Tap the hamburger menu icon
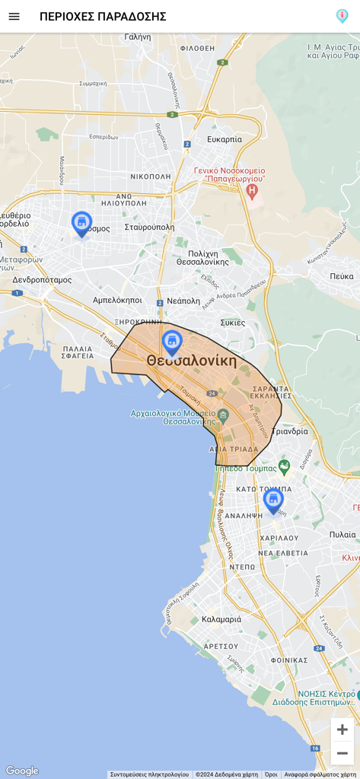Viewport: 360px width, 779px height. point(14,16)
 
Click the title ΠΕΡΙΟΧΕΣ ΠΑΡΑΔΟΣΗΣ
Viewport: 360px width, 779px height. point(103,17)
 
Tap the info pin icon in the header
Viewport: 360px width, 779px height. point(342,16)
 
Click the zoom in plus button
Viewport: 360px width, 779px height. point(342,730)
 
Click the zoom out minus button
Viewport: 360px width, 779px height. point(342,753)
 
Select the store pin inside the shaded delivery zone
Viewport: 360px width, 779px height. point(172,342)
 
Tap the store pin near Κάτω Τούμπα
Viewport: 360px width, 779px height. point(273,500)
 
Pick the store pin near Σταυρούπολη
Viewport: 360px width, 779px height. point(81,223)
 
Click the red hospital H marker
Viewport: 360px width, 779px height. point(252,190)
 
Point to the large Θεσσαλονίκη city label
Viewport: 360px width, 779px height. point(192,361)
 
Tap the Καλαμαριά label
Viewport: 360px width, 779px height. point(221,619)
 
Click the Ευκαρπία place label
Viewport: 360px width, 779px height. point(225,139)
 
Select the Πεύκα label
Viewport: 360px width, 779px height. point(342,276)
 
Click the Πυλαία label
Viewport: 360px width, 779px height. point(342,535)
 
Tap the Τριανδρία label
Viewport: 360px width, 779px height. point(290,431)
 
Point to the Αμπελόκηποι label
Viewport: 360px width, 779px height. point(117,300)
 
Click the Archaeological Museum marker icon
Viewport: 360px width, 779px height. point(223,415)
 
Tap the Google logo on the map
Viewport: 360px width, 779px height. point(22,771)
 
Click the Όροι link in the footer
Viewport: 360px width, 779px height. point(271,774)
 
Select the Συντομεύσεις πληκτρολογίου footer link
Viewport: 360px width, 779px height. point(149,774)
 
